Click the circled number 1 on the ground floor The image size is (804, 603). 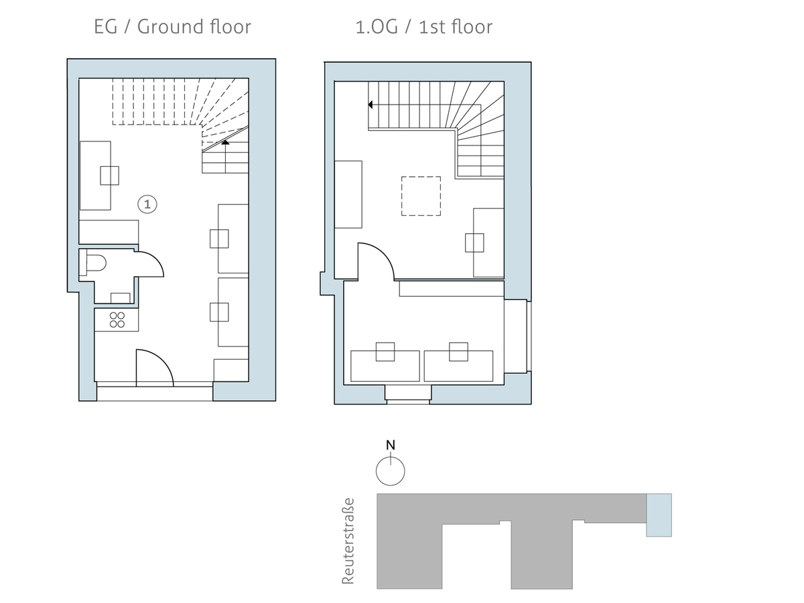147,204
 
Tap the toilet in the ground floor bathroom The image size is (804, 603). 93,263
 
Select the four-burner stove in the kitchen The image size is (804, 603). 117,320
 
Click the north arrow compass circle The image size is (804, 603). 390,470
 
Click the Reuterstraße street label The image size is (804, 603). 348,541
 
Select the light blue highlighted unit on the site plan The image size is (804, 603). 659,515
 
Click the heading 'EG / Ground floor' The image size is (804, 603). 173,27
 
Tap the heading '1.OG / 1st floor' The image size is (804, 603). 424,27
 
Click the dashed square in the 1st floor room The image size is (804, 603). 421,196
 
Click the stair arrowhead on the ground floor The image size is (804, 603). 226,142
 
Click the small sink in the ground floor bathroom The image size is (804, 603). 121,297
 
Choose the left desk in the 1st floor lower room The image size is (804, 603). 385,365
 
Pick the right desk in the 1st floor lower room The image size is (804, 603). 459,365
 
